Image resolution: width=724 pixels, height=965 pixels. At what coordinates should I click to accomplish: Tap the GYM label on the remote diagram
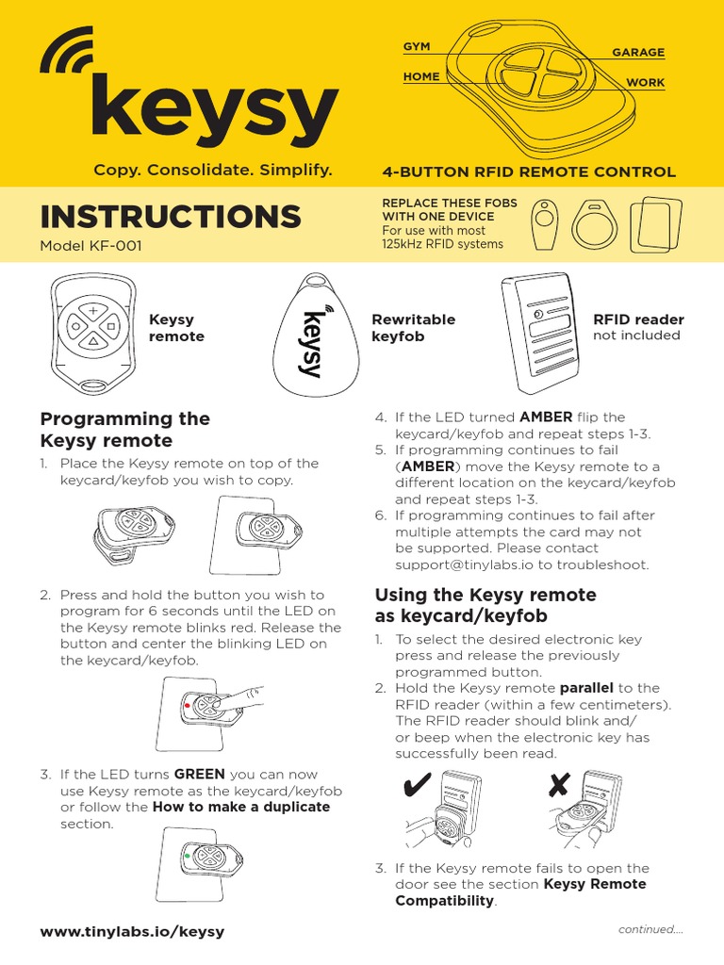417,46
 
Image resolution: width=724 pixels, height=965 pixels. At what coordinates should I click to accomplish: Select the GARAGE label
638,53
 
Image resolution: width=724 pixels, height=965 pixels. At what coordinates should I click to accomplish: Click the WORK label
646,83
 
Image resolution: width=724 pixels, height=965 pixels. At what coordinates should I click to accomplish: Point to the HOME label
421,77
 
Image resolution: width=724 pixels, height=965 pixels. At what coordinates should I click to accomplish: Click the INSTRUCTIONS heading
171,218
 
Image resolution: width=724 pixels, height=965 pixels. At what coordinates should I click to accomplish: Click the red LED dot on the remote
188,704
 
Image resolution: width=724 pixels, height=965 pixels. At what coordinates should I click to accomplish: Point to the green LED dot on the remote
188,855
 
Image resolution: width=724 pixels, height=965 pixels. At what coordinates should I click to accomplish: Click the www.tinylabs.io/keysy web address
132,932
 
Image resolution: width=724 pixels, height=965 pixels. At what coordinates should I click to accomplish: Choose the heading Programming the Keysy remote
124,430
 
